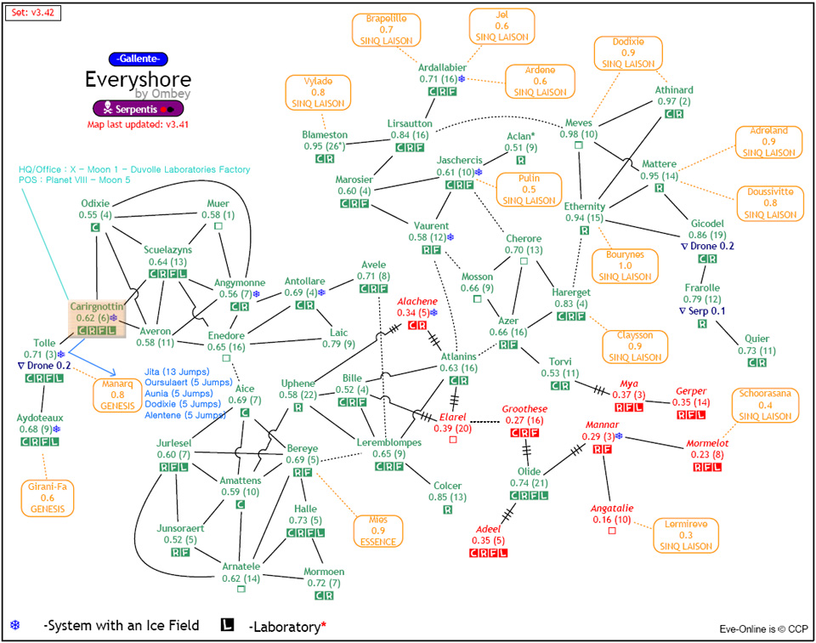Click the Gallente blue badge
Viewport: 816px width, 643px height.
pos(138,59)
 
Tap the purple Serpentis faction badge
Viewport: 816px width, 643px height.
pos(138,109)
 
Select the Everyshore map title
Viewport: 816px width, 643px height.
pos(138,79)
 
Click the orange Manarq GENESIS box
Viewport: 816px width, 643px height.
pos(116,395)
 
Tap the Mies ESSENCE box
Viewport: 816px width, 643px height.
pos(378,530)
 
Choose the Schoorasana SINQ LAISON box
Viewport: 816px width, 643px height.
pos(765,406)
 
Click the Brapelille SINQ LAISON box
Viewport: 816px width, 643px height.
pos(386,29)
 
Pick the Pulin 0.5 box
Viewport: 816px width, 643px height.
pos(528,189)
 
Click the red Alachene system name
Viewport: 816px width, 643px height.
pos(418,301)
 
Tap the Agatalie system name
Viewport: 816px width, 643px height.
pos(612,509)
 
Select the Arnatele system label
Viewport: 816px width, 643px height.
pos(242,566)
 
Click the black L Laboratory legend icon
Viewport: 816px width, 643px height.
pos(227,625)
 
